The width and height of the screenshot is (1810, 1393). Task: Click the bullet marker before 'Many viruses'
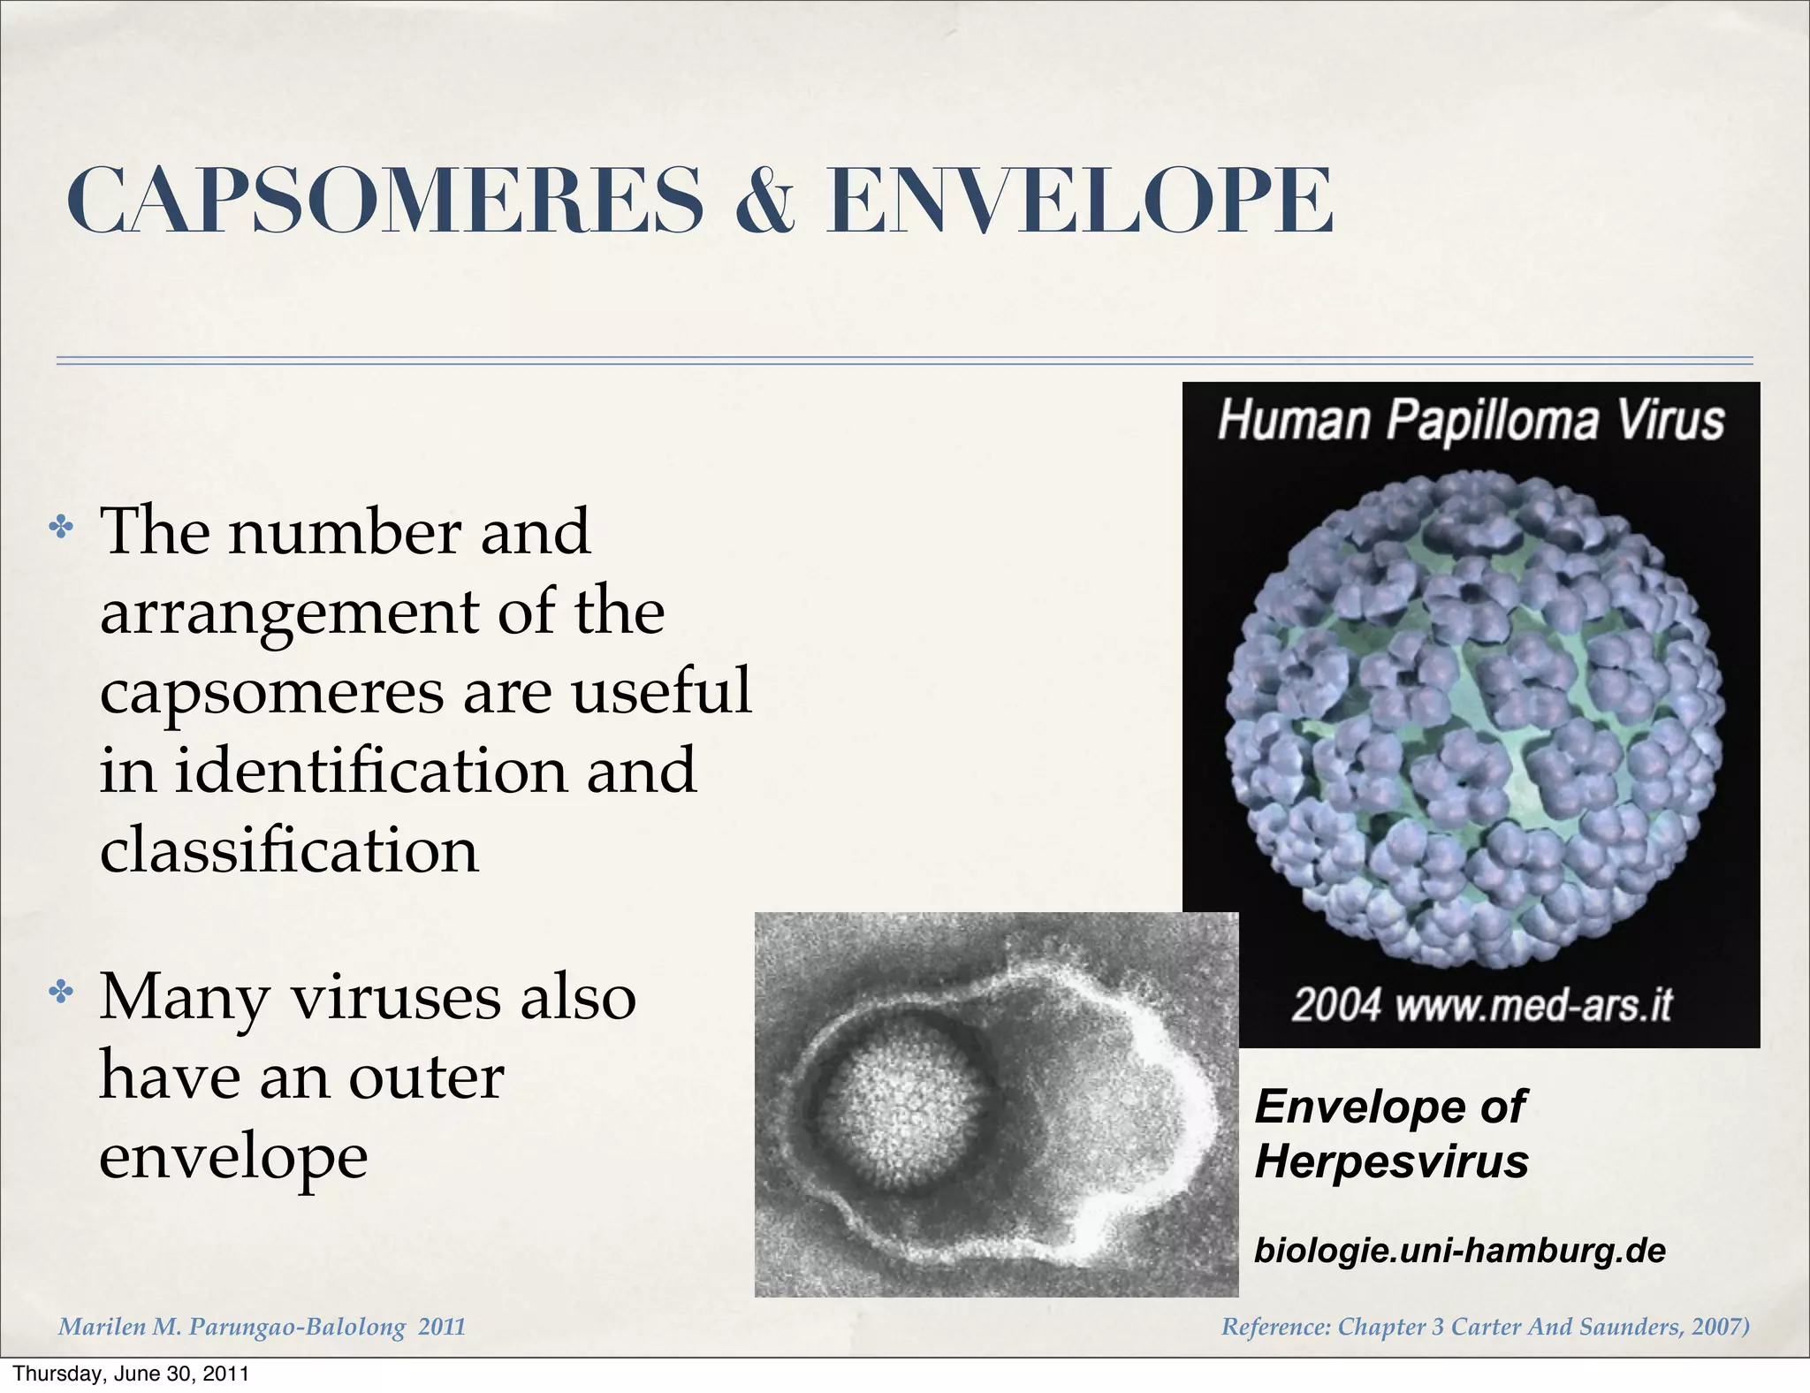[61, 993]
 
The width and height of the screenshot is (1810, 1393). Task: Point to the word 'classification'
[289, 849]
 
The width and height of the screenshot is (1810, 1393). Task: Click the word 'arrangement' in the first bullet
[289, 612]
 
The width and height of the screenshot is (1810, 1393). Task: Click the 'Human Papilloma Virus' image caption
[1471, 420]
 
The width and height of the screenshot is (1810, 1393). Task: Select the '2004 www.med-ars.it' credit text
[1482, 1005]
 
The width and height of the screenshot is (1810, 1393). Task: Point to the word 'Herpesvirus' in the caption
[1391, 1161]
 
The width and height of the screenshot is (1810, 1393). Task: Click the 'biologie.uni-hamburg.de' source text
[1459, 1251]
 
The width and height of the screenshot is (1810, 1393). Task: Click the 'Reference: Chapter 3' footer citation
[1485, 1327]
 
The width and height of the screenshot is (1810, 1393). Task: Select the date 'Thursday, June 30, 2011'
[131, 1374]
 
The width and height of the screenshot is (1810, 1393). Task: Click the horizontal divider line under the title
[903, 361]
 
